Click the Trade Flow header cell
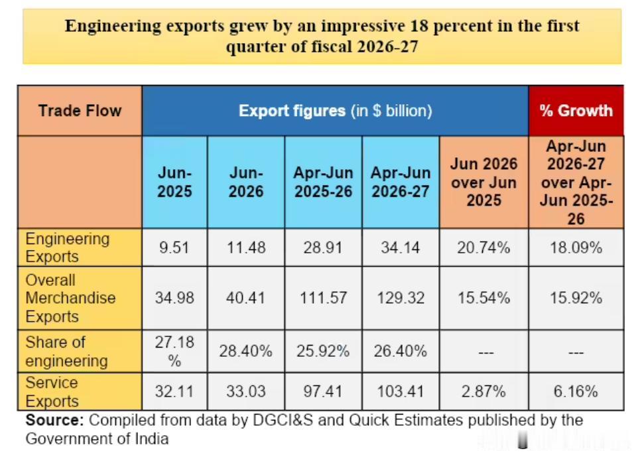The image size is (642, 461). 80,111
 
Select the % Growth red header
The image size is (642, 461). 576,111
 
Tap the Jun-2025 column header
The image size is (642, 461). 174,182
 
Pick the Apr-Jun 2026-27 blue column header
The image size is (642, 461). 401,182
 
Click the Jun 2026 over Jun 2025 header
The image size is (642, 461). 484,182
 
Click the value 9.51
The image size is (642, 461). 174,247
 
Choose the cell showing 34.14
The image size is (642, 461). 401,247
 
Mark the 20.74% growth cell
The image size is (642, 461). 484,247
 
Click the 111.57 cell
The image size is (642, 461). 324,298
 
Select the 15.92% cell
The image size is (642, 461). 576,298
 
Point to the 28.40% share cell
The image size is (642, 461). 245,352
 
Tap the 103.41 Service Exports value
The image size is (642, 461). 401,392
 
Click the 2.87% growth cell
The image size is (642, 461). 484,392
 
